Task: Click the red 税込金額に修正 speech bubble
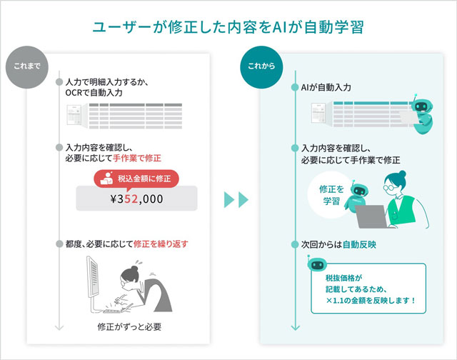pos(136,178)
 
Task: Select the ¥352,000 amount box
pos(136,199)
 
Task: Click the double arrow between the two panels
pos(236,199)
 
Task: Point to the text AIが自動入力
pos(326,87)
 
